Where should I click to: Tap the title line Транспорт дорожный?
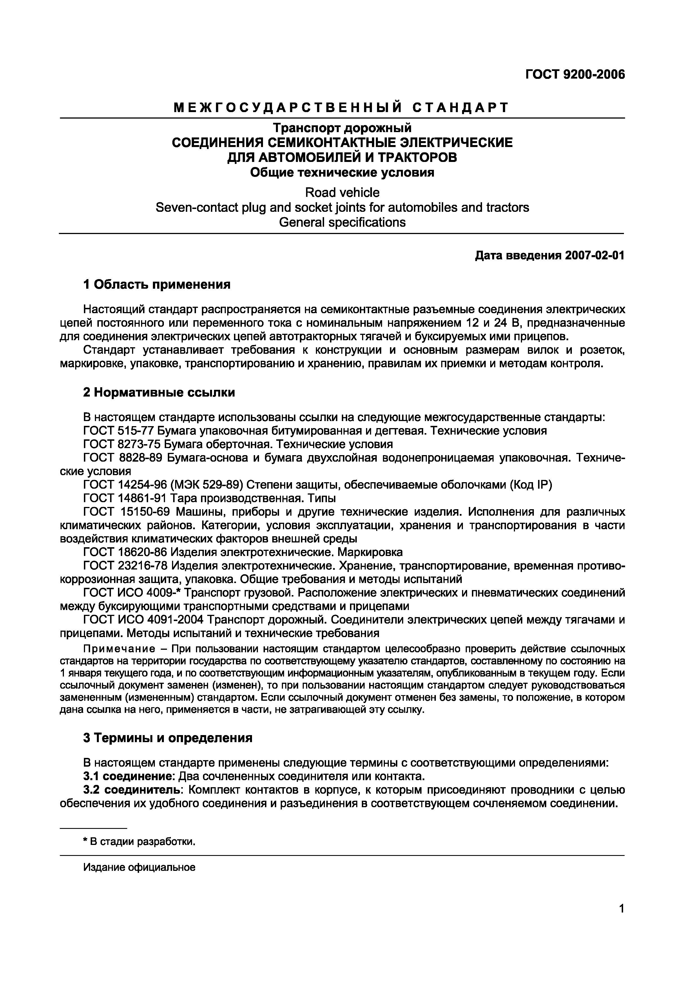[x=342, y=128]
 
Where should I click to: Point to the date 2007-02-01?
[x=595, y=256]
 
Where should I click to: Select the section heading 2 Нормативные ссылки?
[x=159, y=392]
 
